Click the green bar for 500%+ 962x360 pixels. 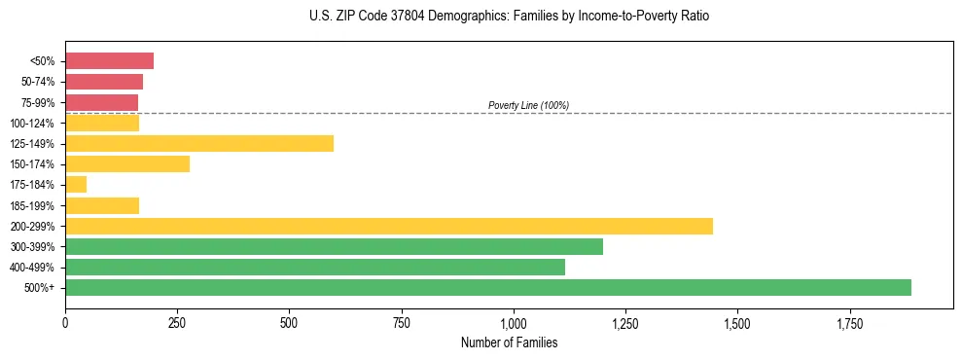coord(487,287)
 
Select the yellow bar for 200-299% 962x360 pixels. coord(388,226)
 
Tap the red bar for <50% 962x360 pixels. coord(109,61)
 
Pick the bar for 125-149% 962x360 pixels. coord(198,144)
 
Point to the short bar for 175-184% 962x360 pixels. coord(76,185)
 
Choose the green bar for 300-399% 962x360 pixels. coord(334,246)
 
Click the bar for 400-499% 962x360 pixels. coord(314,267)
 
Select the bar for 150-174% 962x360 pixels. coord(126,164)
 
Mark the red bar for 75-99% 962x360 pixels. coord(101,102)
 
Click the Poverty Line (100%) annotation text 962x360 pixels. coord(528,105)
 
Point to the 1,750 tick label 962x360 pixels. coord(736,322)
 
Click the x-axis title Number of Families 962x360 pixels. coord(509,342)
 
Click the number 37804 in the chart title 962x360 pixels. coord(374,17)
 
